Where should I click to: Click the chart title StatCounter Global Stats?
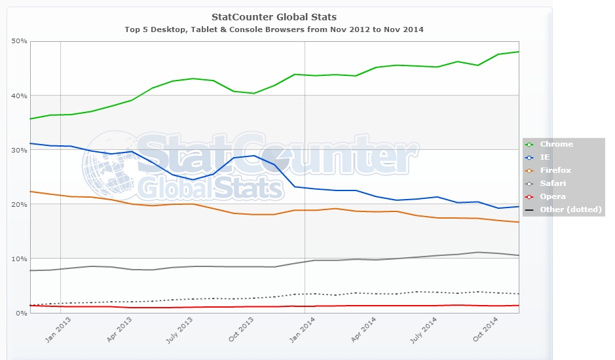click(274, 16)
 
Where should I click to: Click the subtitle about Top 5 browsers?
click(274, 29)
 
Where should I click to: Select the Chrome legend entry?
click(556, 144)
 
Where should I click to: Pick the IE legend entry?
click(544, 157)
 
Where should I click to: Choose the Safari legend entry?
click(552, 183)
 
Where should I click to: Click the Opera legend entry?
click(552, 196)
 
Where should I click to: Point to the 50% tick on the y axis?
click(19, 41)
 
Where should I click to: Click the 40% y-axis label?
click(19, 96)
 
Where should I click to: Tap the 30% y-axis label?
click(19, 150)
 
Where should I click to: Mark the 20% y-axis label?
click(19, 204)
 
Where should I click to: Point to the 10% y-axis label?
click(19, 259)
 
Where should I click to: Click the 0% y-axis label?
click(21, 313)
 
